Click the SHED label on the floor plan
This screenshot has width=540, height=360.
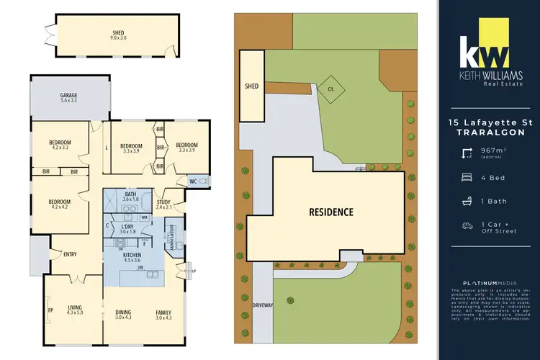click(117, 32)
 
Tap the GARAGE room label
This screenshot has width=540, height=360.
click(68, 96)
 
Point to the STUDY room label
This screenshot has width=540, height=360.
click(163, 203)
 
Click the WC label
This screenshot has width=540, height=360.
click(192, 181)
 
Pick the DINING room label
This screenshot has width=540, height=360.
click(124, 312)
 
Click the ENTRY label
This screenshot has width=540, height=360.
click(70, 253)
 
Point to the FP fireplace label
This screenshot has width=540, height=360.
click(50, 311)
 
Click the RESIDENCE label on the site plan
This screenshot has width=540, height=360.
click(331, 212)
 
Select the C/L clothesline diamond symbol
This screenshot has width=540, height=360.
click(331, 89)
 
